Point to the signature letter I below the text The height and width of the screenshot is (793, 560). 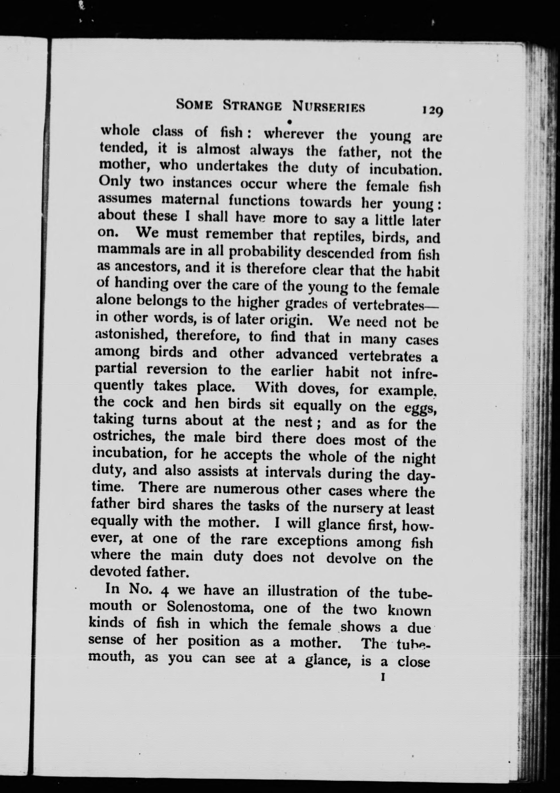(382, 678)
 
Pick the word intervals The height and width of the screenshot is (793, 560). (293, 472)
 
